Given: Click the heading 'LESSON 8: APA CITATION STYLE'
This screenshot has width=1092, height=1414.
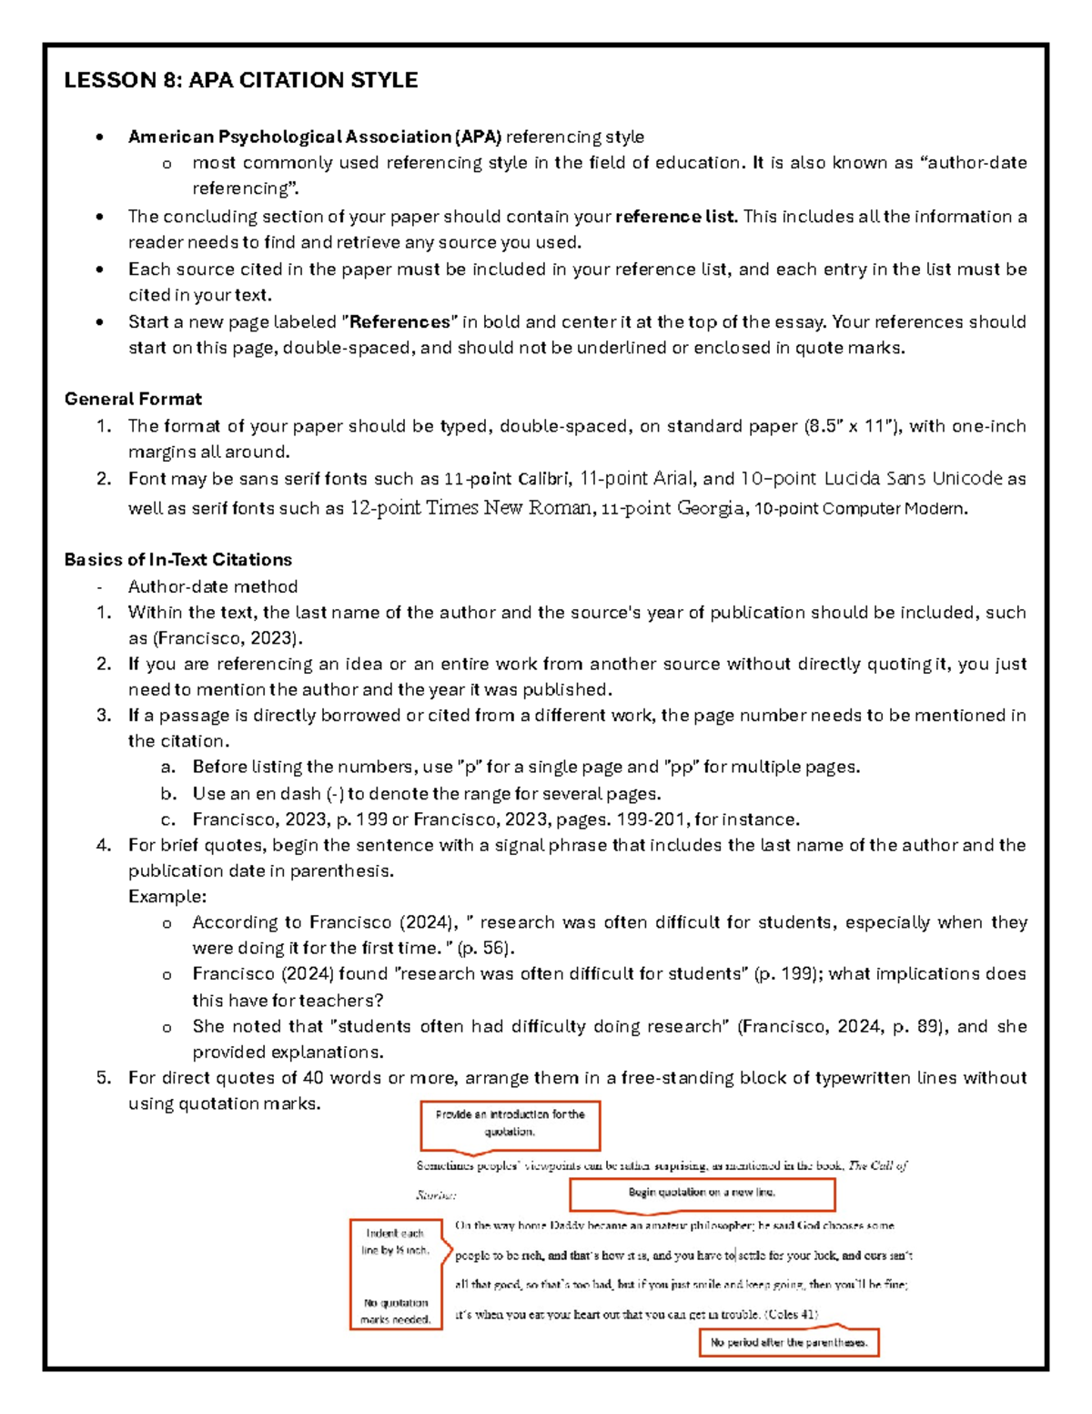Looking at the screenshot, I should tap(240, 80).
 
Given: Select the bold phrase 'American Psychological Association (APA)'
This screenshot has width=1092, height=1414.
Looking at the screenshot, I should tap(314, 137).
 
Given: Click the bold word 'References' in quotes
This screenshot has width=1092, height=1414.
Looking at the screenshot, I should tap(400, 322).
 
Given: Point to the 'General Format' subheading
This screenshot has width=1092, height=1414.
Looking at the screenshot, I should tap(133, 399).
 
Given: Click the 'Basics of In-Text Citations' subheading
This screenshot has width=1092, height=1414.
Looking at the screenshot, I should tap(177, 559).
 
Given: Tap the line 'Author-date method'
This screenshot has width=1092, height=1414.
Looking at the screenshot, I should tap(213, 586).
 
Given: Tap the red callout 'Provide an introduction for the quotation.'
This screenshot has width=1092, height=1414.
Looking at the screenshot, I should tap(510, 1124).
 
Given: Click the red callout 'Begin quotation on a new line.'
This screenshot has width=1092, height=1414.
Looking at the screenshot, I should tap(702, 1192).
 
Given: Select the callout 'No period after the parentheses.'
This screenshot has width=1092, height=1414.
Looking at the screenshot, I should tap(789, 1342).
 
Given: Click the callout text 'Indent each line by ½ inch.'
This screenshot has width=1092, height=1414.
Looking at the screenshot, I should tap(395, 1242).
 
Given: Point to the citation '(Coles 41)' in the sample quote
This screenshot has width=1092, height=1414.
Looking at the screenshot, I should tap(792, 1314).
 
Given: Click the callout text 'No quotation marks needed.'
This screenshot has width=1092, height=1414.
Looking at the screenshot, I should tap(395, 1311).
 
